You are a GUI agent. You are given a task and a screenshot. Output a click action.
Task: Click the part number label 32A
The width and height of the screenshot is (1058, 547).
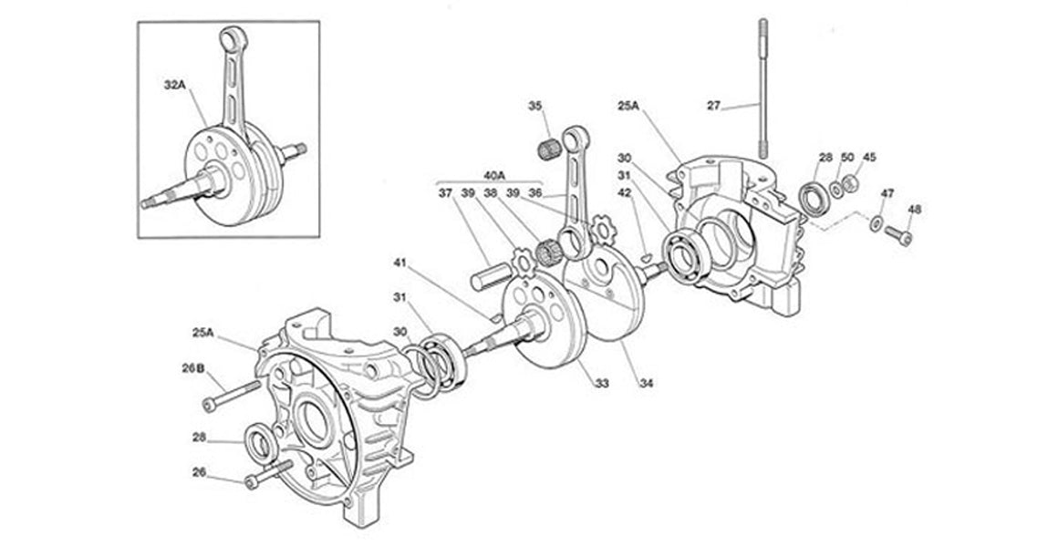(x=175, y=84)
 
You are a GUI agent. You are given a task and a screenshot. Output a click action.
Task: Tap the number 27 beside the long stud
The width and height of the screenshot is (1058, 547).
(x=714, y=106)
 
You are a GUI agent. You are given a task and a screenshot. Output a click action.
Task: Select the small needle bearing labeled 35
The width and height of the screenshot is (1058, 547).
(x=549, y=146)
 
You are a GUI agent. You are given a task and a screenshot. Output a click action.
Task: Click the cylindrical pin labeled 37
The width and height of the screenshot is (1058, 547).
(x=486, y=276)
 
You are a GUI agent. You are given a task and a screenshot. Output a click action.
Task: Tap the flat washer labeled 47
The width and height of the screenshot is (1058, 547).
(x=876, y=223)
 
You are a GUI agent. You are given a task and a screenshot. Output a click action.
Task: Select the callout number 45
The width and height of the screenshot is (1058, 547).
(x=869, y=158)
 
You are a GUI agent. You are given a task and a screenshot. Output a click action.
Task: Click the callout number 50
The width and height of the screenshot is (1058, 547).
(x=847, y=158)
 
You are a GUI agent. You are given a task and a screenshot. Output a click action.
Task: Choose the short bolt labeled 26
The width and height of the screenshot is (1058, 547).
(x=266, y=475)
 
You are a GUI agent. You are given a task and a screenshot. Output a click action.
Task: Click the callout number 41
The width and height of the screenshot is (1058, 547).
(x=398, y=264)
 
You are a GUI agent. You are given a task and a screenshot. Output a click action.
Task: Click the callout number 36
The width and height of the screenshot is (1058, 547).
(x=536, y=193)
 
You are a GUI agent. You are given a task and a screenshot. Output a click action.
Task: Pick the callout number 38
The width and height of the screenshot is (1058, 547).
(x=491, y=193)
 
